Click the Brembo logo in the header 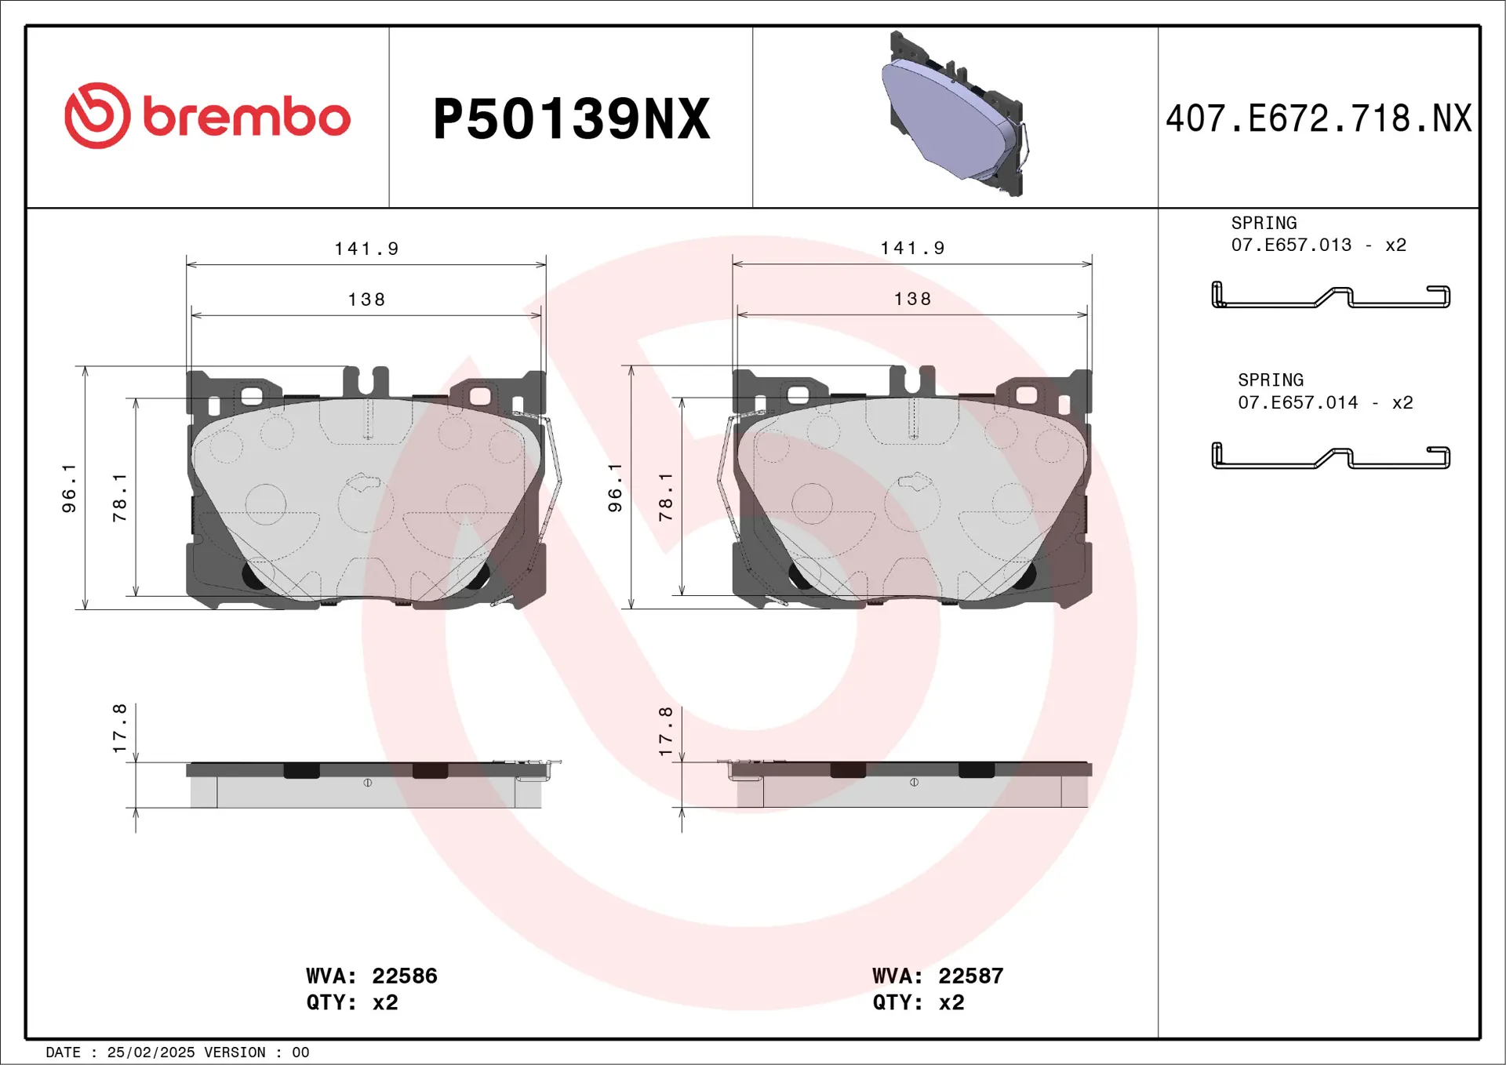[x=207, y=116]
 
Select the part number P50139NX [x=571, y=119]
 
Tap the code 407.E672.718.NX [x=1319, y=119]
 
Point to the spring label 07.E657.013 [x=1291, y=245]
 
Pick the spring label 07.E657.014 [x=1297, y=403]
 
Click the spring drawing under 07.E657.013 [x=1330, y=296]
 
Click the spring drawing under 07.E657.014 [x=1330, y=456]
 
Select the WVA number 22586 [x=404, y=976]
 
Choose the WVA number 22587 [x=970, y=976]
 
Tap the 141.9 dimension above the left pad [x=366, y=249]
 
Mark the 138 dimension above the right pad [x=912, y=300]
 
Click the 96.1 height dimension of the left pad [x=70, y=488]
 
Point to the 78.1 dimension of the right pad [x=666, y=497]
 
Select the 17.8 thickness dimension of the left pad [x=120, y=729]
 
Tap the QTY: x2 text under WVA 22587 [x=918, y=1003]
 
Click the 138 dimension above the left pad [x=366, y=300]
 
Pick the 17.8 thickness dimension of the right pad [x=666, y=731]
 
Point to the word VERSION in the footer [x=235, y=1052]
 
